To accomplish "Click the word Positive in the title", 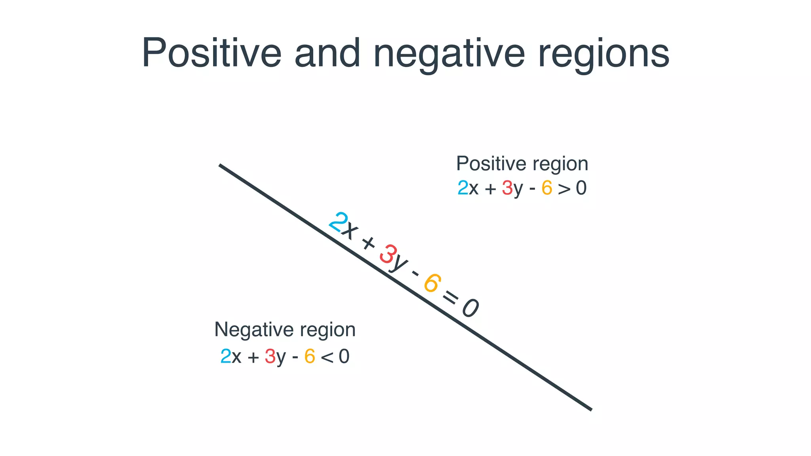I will (211, 53).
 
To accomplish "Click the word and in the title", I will (327, 53).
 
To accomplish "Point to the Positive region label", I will (522, 163).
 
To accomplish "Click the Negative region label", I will (285, 329).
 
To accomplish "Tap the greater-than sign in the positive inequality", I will (564, 189).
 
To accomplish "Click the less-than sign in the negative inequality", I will (327, 357).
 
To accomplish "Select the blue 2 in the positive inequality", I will (463, 188).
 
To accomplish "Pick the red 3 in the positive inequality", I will (507, 188).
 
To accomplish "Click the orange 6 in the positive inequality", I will (547, 188).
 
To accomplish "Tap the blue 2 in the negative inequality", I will (226, 356).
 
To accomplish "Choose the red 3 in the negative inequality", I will (270, 356).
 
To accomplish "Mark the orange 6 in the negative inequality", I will (310, 356).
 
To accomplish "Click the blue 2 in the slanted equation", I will (338, 222).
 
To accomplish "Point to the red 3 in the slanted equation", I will (388, 254).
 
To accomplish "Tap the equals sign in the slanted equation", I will (450, 296).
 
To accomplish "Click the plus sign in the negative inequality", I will (253, 357).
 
